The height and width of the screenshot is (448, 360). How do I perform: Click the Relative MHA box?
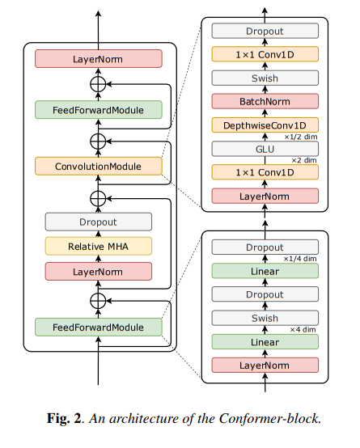[x=99, y=247]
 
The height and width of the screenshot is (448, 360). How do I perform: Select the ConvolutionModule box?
[x=99, y=166]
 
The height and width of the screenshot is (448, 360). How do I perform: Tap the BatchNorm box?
[x=265, y=101]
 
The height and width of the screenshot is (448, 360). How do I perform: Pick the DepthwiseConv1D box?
[x=265, y=125]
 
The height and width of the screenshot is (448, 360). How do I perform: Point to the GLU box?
[x=265, y=149]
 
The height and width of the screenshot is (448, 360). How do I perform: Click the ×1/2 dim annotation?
[x=300, y=137]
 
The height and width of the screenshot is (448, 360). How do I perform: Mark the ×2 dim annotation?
[x=304, y=161]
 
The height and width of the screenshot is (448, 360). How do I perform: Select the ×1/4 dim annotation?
[x=300, y=259]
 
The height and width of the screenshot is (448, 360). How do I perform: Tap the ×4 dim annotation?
[x=303, y=330]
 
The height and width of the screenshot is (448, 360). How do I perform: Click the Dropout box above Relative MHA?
[x=99, y=222]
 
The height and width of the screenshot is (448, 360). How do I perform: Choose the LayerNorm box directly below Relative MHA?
[x=99, y=272]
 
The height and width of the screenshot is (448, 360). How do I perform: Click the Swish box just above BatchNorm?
[x=265, y=78]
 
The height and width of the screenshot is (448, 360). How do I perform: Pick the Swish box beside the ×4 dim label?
[x=265, y=318]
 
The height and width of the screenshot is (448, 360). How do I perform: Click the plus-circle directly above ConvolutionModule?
[x=98, y=142]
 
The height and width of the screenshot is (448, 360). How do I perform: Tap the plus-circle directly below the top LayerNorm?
[x=98, y=84]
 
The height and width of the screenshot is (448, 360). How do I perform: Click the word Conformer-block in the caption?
[x=270, y=419]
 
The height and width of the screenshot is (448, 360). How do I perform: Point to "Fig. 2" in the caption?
[x=65, y=419]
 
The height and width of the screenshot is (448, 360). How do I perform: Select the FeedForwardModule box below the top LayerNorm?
[x=99, y=110]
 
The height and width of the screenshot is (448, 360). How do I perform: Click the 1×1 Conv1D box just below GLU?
[x=265, y=172]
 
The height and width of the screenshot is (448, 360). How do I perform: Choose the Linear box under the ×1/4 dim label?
[x=265, y=271]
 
